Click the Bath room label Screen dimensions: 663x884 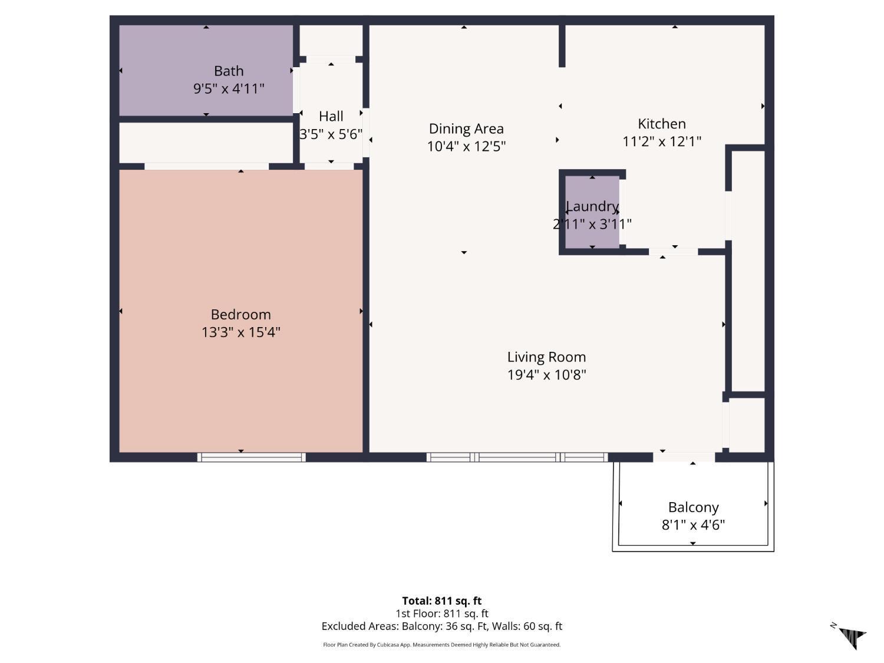click(x=229, y=71)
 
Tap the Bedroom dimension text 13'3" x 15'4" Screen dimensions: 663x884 click(x=240, y=332)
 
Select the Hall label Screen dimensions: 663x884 click(x=331, y=116)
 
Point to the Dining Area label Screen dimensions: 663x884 click(x=466, y=128)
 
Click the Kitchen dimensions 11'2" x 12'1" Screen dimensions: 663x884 click(x=662, y=141)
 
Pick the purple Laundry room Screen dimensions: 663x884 click(x=592, y=212)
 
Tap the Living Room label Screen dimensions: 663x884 click(x=546, y=357)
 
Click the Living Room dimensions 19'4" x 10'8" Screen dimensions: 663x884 click(x=546, y=375)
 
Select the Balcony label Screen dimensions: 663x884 click(x=693, y=507)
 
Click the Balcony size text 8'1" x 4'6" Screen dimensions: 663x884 click(x=693, y=525)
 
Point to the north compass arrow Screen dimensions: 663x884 click(x=852, y=636)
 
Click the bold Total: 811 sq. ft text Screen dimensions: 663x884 click(x=441, y=601)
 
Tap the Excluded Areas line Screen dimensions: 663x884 click(x=441, y=626)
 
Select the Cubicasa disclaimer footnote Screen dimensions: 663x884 click(x=441, y=645)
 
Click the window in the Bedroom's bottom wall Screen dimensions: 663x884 click(x=252, y=457)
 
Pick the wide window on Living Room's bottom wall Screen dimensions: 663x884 click(x=517, y=457)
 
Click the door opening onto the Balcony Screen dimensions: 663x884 click(x=684, y=457)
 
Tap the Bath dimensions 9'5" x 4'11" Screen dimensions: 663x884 click(x=229, y=88)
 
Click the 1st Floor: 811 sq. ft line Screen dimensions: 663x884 click(x=441, y=613)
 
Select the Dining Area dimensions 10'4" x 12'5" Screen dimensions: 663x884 click(x=466, y=146)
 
